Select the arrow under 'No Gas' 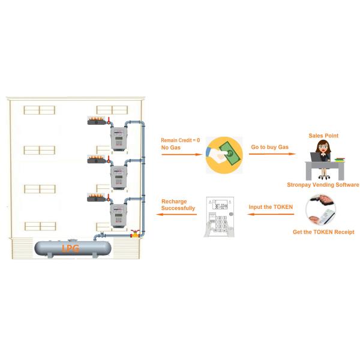(x=182, y=154)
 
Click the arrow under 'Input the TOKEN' (x=272, y=216)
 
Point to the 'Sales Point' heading (x=323, y=136)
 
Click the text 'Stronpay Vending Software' (x=323, y=185)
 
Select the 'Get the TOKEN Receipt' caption (x=323, y=232)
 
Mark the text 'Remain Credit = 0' (x=180, y=140)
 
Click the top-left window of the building (x=40, y=110)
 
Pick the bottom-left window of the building (x=40, y=226)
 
